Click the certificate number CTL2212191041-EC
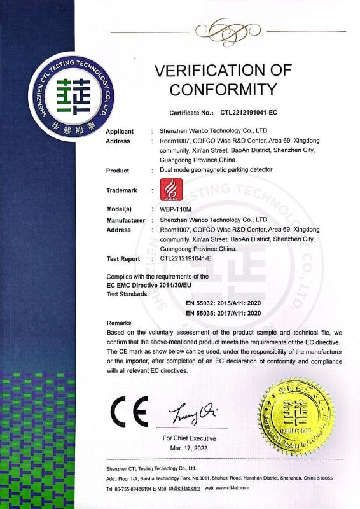(249, 111)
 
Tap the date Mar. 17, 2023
(190, 449)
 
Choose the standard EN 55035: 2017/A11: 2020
(223, 312)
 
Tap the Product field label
(117, 171)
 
